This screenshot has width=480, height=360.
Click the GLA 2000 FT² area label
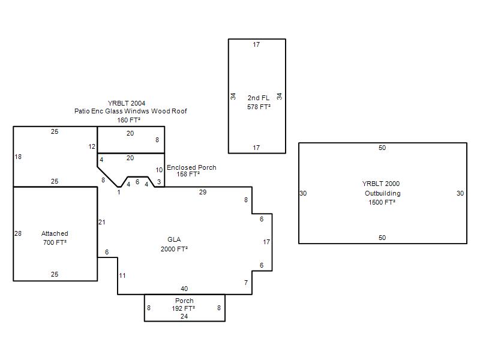point(174,244)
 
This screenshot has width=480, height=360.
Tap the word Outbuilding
point(382,193)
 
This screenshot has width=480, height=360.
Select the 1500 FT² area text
point(382,202)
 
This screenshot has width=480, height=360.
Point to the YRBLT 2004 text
point(127,103)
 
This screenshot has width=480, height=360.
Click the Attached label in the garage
point(55,233)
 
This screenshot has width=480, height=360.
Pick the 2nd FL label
point(259,98)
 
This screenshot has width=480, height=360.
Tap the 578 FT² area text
point(259,107)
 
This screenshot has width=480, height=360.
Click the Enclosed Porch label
point(191,167)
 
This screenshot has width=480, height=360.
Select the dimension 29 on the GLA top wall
point(203,192)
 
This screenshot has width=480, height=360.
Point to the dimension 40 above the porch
point(184,289)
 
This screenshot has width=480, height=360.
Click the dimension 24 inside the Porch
point(184,316)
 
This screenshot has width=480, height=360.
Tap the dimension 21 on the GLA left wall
point(101,222)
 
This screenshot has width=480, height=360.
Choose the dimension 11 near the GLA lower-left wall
point(122,275)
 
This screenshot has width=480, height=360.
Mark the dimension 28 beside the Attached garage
point(18,233)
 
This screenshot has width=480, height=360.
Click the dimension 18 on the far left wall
point(18,157)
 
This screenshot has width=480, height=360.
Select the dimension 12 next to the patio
point(92,146)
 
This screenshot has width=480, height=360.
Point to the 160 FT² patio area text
point(128,120)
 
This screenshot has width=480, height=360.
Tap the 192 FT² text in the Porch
point(184,308)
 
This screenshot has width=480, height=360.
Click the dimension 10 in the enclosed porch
point(159,170)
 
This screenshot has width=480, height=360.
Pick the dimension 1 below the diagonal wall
point(119,192)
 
